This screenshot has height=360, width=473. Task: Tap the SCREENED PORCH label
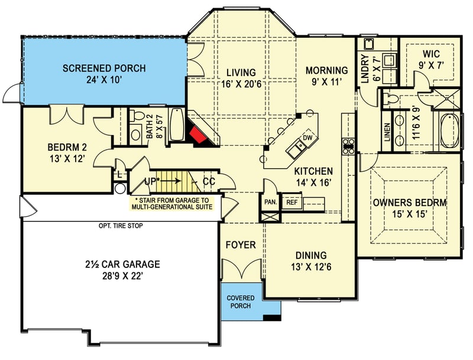pos(105,68)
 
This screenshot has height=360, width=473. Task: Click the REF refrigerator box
pos(291,202)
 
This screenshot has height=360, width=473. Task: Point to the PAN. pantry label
pos(271,202)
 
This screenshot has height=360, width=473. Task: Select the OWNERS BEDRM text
pos(409,202)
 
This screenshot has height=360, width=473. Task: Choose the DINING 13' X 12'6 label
pos(310,260)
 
